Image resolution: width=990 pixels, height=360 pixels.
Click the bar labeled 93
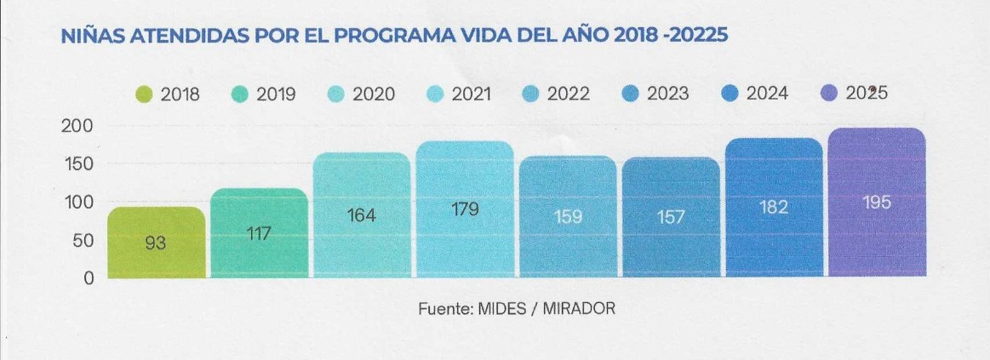click(156, 243)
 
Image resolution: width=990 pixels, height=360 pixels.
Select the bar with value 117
click(259, 232)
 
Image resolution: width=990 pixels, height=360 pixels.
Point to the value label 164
click(362, 216)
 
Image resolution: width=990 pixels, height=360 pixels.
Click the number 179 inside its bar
click(465, 208)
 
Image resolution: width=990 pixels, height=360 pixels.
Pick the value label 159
click(568, 217)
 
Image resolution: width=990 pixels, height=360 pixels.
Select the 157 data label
click(671, 218)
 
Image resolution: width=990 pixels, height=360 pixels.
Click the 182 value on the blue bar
click(774, 207)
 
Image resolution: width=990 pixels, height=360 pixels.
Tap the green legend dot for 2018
click(145, 94)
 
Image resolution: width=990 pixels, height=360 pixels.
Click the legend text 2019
click(276, 94)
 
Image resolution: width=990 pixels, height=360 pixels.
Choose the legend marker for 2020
click(336, 94)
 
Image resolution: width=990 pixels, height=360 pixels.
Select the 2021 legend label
click(472, 94)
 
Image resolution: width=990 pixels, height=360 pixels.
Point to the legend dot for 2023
click(631, 94)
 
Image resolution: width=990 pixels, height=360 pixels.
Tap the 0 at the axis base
click(89, 278)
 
